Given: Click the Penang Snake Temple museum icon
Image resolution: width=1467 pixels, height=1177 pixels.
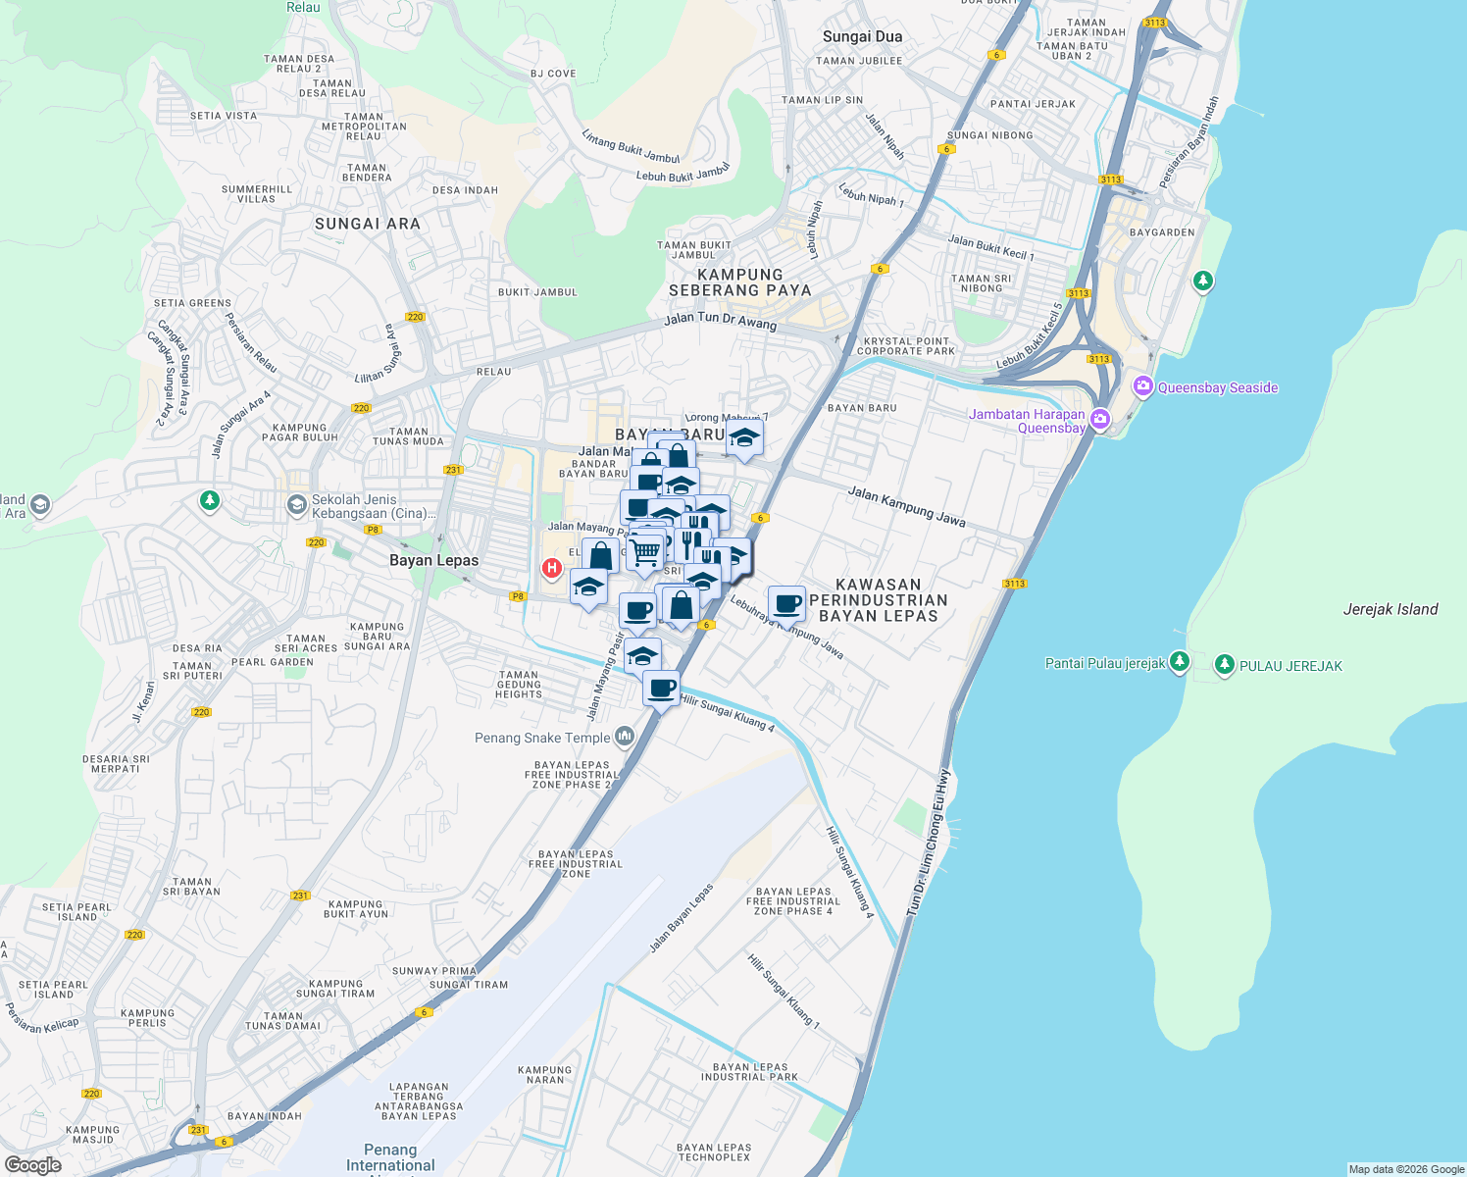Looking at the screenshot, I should click(x=625, y=738).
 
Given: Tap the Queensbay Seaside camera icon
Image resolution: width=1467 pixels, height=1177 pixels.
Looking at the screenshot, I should click(x=1142, y=386).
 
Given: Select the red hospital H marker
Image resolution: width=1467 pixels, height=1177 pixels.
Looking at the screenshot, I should click(x=552, y=568).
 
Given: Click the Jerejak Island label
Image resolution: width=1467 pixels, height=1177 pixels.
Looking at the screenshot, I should click(x=1390, y=609).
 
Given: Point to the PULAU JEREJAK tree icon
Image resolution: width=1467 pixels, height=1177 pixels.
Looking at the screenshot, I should click(x=1224, y=665).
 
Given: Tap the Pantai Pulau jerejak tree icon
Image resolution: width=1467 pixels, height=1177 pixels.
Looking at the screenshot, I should click(x=1180, y=662).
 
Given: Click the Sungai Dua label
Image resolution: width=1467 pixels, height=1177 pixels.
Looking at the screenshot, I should click(x=862, y=36).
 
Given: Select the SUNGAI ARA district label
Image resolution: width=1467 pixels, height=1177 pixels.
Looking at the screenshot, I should click(x=368, y=224).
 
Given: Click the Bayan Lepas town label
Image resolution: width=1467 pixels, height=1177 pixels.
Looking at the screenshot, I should click(x=433, y=560).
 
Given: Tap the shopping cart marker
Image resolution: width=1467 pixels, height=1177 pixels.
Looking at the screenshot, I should click(x=645, y=553).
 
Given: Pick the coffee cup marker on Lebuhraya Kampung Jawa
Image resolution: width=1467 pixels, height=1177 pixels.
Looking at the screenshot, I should click(x=786, y=603).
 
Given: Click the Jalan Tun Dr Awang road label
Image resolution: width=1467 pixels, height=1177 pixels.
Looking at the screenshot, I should click(x=720, y=320).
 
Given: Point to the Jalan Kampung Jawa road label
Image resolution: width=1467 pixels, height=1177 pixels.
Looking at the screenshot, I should click(x=906, y=507).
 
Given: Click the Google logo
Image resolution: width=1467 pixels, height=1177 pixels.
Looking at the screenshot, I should click(x=32, y=1164).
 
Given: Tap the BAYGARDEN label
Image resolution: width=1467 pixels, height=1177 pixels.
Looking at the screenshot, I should click(x=1162, y=232).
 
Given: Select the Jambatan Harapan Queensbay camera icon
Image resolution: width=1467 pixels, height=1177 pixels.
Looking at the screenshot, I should click(x=1100, y=420).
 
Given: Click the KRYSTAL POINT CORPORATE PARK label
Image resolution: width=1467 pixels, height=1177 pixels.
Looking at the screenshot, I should click(x=905, y=345).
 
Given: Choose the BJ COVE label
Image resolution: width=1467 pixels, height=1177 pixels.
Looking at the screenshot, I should click(x=553, y=74).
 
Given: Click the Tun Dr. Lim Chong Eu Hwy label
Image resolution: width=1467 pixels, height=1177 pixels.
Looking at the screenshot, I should click(x=929, y=843).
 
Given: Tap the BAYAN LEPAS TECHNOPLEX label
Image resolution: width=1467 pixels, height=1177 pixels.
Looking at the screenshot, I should click(x=714, y=1151).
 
